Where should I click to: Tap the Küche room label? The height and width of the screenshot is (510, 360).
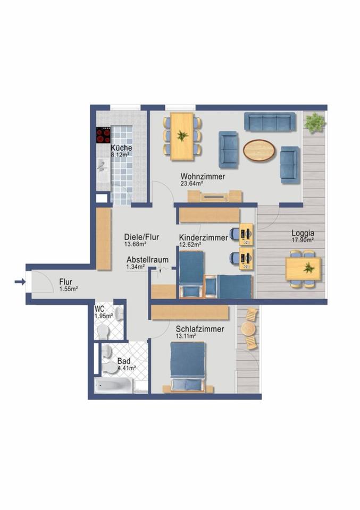(x=121, y=148)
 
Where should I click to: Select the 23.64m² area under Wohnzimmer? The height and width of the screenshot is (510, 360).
(x=193, y=184)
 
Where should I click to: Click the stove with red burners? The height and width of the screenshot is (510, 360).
(x=103, y=136)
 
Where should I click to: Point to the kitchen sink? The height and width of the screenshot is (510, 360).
(x=103, y=166)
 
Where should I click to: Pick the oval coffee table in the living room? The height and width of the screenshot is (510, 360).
(x=259, y=150)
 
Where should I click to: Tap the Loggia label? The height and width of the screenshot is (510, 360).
(x=302, y=232)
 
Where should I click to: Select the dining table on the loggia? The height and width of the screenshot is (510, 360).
(x=303, y=268)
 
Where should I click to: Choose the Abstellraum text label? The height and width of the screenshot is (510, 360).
(x=147, y=260)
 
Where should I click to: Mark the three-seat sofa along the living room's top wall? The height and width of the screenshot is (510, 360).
(x=270, y=122)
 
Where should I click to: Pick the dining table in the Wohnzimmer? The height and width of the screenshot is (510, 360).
(x=182, y=136)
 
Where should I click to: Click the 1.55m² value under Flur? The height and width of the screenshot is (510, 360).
(x=69, y=289)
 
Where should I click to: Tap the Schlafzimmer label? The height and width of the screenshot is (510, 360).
(x=199, y=329)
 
